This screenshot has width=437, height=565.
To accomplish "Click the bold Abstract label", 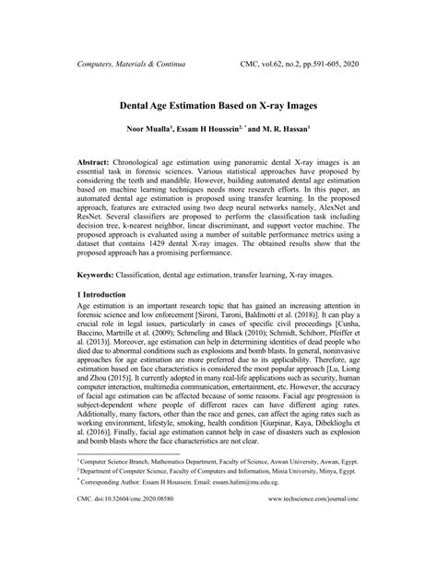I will (x=97, y=161).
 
